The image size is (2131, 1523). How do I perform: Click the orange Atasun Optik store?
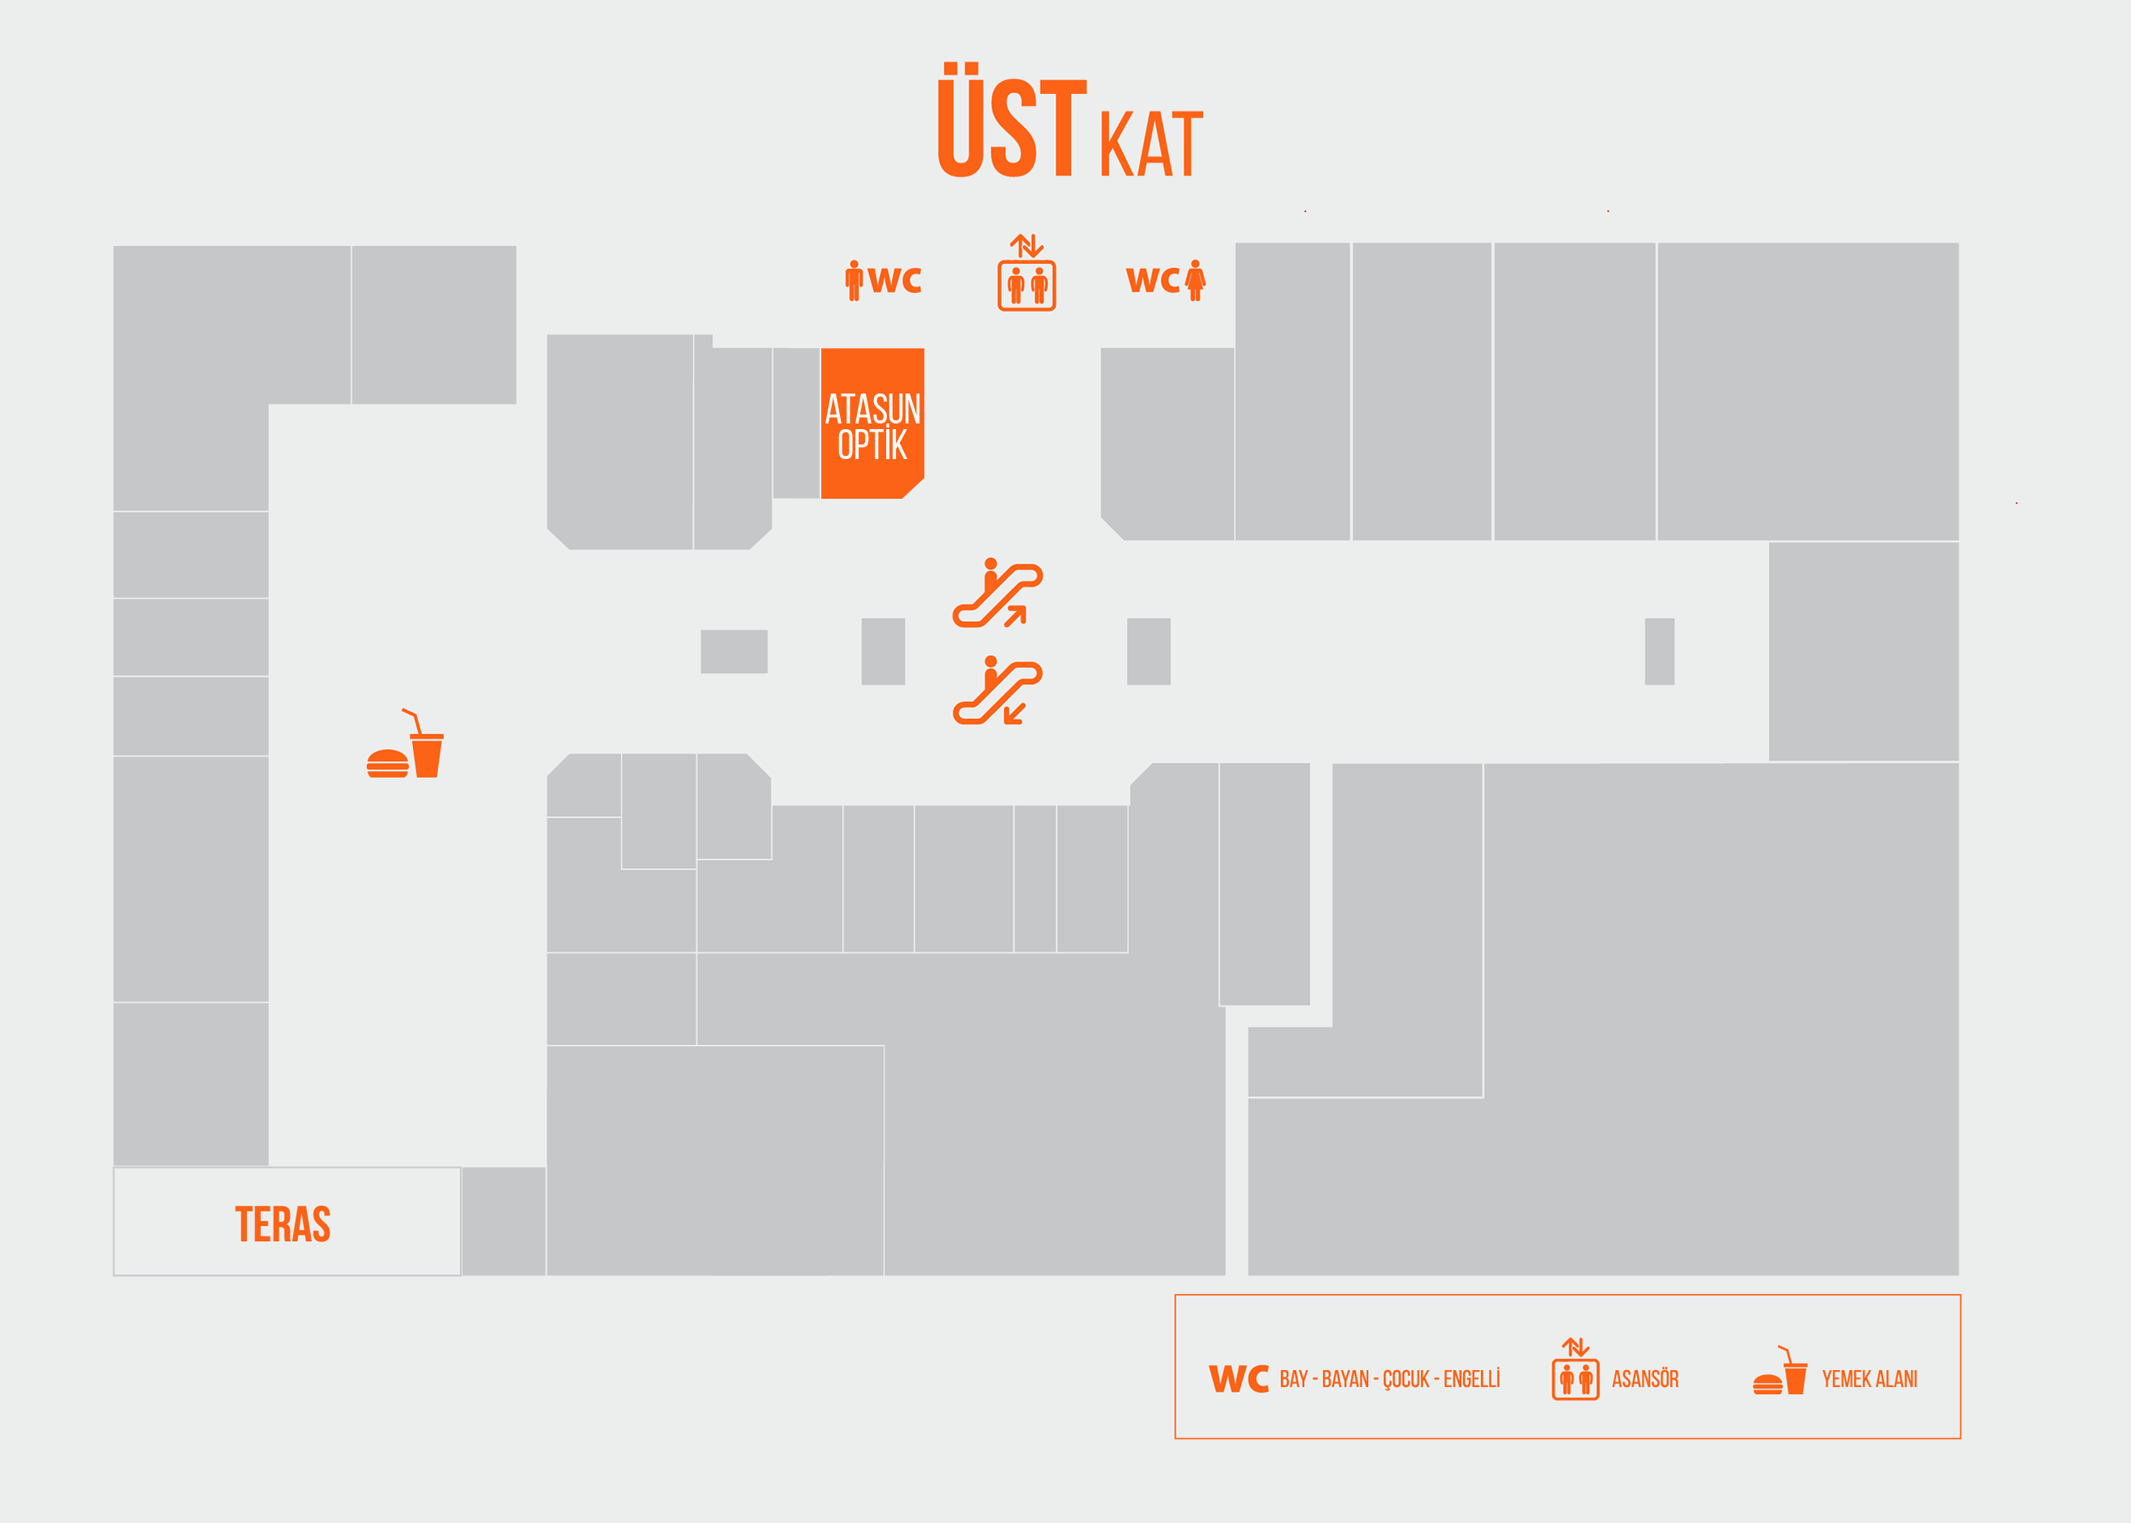(x=872, y=423)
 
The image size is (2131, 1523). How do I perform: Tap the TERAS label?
(x=283, y=1224)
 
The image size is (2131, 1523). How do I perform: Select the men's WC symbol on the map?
(x=883, y=279)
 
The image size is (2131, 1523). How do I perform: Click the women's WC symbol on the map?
(x=1166, y=279)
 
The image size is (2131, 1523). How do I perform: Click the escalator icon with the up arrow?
(x=997, y=593)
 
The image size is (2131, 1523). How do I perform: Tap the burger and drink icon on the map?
(x=405, y=742)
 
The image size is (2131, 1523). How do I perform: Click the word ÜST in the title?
(x=1012, y=120)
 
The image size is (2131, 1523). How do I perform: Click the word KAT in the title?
(x=1151, y=143)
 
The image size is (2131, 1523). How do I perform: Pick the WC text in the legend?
(x=1238, y=1379)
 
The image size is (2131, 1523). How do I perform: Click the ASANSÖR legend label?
(x=1645, y=1379)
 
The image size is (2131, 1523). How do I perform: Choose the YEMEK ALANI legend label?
(x=1869, y=1379)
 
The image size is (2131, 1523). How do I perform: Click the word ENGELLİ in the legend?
(x=1472, y=1379)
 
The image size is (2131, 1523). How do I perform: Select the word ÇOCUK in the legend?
(x=1406, y=1380)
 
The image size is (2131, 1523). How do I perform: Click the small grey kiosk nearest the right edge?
(x=1660, y=651)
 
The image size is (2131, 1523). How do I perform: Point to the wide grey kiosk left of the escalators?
(x=735, y=651)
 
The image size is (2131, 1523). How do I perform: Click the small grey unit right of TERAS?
(x=504, y=1221)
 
